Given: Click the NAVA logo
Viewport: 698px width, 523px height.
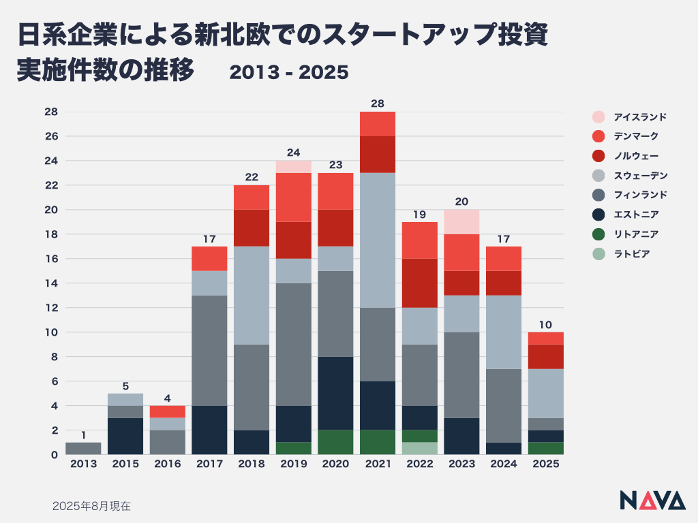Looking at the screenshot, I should coord(652,500).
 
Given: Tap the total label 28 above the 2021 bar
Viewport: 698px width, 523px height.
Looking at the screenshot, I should coord(378,104).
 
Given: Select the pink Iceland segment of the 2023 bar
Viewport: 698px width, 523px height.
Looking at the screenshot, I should coord(461,221).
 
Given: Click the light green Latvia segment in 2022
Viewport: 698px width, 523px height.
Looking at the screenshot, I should coord(420,448).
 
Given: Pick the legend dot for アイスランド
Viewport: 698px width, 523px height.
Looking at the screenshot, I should coord(598,116).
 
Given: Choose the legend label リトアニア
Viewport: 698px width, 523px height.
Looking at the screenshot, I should coord(631,234).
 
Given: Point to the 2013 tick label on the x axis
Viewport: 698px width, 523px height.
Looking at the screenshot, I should coord(83,464).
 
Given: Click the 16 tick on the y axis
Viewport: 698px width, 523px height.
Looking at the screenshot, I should coord(51,259).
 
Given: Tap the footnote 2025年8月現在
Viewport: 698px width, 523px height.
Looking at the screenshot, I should coord(91,506).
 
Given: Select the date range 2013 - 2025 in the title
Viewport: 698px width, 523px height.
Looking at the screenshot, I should coord(289,72).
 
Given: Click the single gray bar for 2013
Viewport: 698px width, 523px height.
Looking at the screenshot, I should coord(83,448).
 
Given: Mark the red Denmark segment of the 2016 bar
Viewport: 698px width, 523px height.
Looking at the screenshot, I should coord(168,411).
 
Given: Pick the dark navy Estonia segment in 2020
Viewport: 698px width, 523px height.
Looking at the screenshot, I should coord(335,393).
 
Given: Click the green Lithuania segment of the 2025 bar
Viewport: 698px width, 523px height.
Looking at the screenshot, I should coord(546,448).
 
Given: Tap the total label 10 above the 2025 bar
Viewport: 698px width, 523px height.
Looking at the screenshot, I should coord(546,324).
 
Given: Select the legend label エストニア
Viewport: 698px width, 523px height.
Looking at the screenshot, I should coord(631,215).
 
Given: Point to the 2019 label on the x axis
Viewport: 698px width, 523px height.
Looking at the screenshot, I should coord(294,464).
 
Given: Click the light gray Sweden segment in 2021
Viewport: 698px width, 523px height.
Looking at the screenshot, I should coord(378,240).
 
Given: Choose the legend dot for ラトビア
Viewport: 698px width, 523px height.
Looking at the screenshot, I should coord(598,254).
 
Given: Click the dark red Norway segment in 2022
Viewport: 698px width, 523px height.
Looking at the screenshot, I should coord(420,283).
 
